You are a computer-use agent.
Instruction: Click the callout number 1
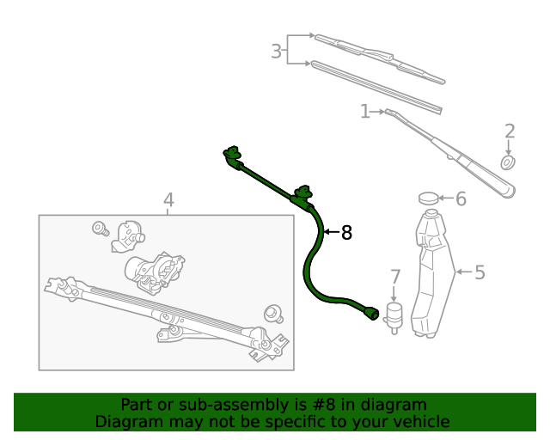(364, 112)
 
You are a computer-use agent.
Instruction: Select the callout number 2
(510, 131)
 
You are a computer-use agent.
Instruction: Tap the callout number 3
(276, 52)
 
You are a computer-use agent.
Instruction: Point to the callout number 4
(168, 200)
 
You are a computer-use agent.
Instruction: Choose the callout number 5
(480, 272)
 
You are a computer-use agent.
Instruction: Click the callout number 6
(461, 199)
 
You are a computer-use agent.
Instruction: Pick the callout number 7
(395, 277)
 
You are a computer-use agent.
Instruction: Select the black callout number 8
(346, 232)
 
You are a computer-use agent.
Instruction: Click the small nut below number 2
(508, 162)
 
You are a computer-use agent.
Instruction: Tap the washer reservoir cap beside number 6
(429, 199)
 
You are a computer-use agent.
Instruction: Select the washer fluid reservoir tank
(431, 275)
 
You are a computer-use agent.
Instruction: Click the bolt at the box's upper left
(99, 229)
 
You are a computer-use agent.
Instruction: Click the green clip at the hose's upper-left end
(231, 155)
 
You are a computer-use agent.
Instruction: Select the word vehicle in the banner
(420, 421)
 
